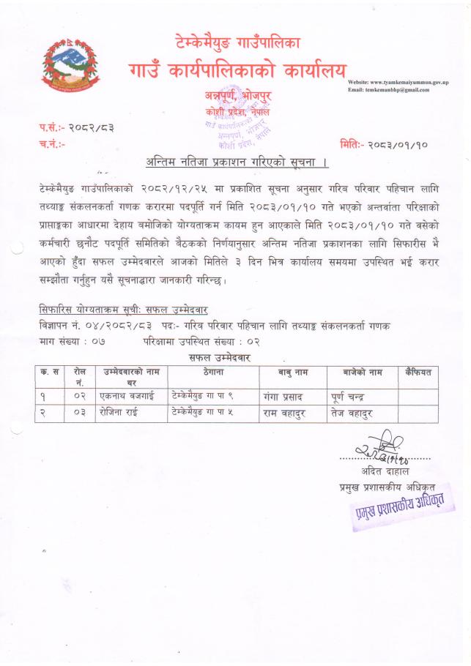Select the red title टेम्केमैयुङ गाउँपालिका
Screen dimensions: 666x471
[237, 42]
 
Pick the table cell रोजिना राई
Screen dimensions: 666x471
[123, 414]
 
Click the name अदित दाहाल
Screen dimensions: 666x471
[383, 470]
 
